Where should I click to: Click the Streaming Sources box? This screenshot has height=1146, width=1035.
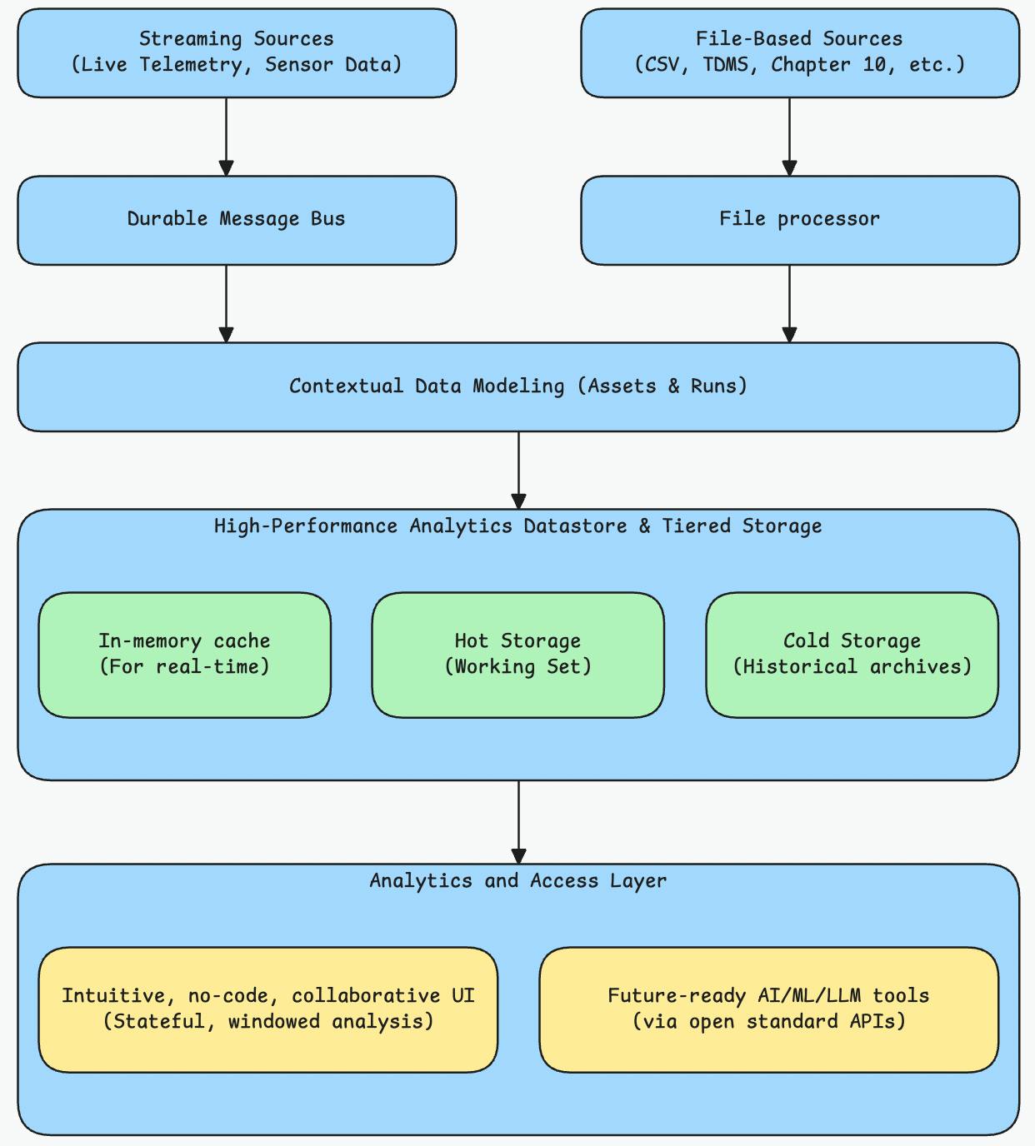coord(237,52)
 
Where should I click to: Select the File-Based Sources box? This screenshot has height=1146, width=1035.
coord(799,52)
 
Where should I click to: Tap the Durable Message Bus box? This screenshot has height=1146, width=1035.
coord(237,220)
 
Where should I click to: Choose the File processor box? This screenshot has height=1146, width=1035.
coord(799,220)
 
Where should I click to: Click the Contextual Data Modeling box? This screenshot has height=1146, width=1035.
coord(517,386)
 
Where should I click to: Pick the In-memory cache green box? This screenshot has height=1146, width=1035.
coord(184,655)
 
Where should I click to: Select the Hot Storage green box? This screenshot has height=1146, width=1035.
coord(517,655)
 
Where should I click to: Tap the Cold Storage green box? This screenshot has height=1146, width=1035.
coord(852,655)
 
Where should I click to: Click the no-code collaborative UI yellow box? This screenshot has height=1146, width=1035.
coord(267,1009)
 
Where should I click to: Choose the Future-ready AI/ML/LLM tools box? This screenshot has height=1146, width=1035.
coord(768,1009)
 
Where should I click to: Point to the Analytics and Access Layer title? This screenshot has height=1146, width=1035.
coord(517,881)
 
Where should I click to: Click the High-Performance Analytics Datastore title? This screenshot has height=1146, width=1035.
coord(517,526)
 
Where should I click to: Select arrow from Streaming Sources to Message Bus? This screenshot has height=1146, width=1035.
coord(226,137)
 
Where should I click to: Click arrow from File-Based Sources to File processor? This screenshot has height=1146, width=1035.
coord(789,137)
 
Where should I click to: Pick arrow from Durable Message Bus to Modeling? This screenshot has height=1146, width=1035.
coord(226,303)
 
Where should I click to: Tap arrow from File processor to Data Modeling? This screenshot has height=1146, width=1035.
coord(789,303)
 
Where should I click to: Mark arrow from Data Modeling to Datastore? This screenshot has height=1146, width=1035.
coord(518,470)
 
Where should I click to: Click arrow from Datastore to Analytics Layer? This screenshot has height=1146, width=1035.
coord(518,821)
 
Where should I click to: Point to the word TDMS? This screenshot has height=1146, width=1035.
coord(730,65)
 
